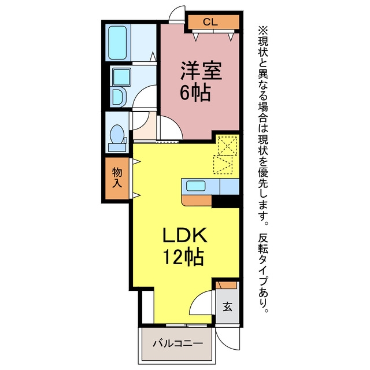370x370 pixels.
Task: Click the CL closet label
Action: pos(210,22)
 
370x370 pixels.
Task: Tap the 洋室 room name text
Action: pos(201,71)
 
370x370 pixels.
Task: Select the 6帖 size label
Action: pos(195,92)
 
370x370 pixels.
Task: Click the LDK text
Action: pos(185,235)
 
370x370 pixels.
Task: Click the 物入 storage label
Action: pos(117,177)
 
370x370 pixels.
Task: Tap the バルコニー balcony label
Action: pos(177,343)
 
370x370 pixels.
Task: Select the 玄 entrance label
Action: pos(227,307)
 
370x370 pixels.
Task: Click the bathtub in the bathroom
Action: pos(117,42)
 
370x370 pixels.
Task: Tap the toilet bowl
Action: pos(117,135)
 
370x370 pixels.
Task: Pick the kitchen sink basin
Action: pos(195,186)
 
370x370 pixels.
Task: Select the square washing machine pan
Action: pos(121,77)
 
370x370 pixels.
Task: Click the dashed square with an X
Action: pos(227,146)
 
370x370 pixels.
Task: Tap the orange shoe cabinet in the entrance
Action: pos(226,285)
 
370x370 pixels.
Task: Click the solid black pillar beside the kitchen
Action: pos(225,202)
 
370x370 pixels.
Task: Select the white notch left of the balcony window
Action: pos(148,307)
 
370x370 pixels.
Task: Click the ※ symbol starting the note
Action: pos(263,30)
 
